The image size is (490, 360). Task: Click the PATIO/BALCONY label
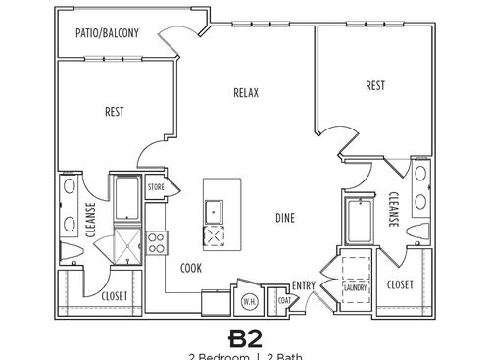[x=108, y=33]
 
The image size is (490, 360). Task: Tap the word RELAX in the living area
[x=245, y=93]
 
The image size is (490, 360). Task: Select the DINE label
[x=285, y=218]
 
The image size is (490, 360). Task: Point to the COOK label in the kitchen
[x=191, y=267]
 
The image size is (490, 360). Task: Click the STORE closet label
[x=156, y=185]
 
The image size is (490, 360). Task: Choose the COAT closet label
[x=283, y=301]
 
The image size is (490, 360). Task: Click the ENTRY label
[x=304, y=285]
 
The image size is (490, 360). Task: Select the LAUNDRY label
[x=354, y=288]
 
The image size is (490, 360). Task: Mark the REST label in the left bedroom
[x=115, y=111]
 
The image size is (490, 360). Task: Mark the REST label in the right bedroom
[x=374, y=85]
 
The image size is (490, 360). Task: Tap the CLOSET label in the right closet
[x=400, y=284]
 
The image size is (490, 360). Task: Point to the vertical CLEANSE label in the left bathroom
[x=89, y=219]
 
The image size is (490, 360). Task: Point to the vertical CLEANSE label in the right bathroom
[x=390, y=209]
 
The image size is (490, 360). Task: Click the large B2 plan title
[x=245, y=338]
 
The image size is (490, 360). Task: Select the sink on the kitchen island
[x=214, y=208]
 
